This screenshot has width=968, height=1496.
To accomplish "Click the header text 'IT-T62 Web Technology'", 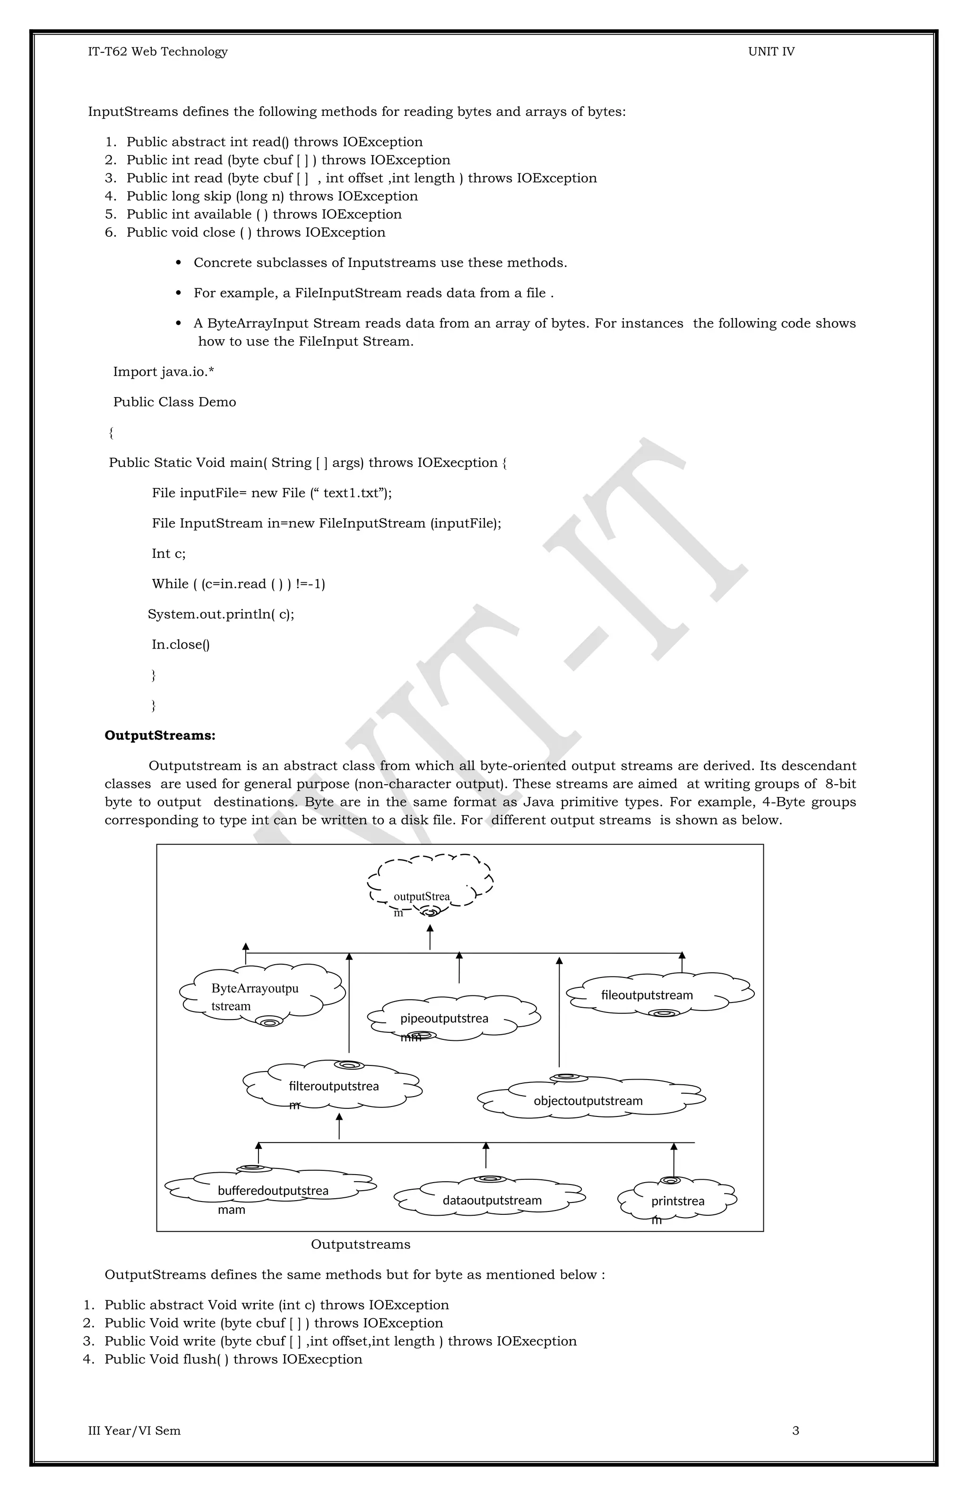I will click(158, 52).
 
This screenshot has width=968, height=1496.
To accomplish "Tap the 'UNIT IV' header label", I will click(771, 52).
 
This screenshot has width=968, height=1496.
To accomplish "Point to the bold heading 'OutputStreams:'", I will click(160, 735).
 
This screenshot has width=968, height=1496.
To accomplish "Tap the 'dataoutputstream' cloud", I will click(492, 1200).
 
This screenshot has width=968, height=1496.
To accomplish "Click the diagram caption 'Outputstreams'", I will click(361, 1244).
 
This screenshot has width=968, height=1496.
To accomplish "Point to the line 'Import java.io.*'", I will click(164, 372).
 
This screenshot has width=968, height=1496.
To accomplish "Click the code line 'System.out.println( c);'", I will click(221, 614).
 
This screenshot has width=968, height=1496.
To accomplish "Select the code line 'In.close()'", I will click(181, 644).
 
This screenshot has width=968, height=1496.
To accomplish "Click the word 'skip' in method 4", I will click(217, 196).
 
